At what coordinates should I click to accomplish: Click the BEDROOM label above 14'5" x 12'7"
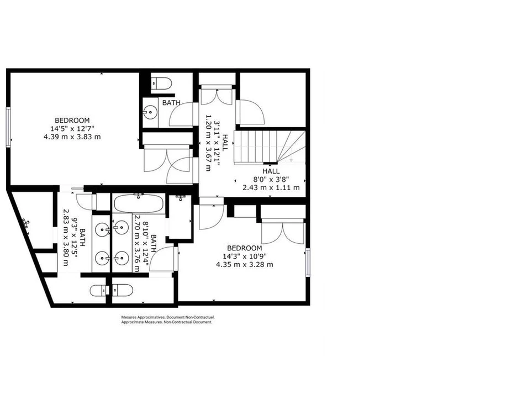(x=72, y=121)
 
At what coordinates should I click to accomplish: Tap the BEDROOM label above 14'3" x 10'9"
(x=245, y=248)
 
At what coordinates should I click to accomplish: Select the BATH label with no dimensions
(x=171, y=103)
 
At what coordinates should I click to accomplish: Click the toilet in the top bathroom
(x=161, y=83)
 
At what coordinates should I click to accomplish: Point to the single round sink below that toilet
(x=150, y=112)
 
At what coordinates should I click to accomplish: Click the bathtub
(x=138, y=203)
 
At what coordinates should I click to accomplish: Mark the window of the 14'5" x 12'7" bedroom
(x=8, y=127)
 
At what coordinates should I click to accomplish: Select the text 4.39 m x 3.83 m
(x=72, y=137)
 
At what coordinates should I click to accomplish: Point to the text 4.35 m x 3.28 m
(x=245, y=264)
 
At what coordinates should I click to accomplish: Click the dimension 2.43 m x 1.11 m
(x=271, y=188)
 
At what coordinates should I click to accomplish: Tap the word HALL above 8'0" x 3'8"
(x=271, y=171)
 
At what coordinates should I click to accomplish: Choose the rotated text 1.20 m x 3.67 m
(x=208, y=143)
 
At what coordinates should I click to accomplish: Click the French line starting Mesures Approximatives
(x=168, y=317)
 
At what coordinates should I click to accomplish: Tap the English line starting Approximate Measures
(x=166, y=322)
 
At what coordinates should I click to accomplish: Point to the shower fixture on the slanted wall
(x=26, y=223)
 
